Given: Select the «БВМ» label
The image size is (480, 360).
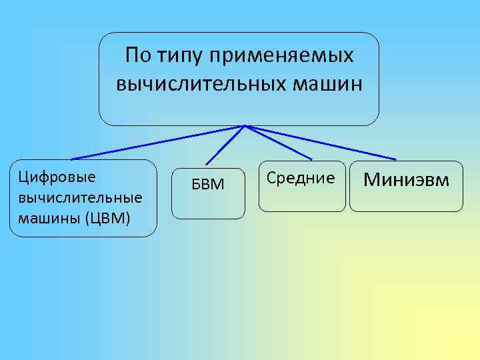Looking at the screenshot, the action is (x=208, y=184).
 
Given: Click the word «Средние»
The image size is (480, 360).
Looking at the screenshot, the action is (x=301, y=178).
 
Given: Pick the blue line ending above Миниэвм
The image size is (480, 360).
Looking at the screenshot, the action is (x=320, y=142).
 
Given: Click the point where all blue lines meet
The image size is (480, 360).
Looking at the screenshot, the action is (x=245, y=125).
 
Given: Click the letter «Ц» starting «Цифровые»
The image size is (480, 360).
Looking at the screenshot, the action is (x=23, y=177).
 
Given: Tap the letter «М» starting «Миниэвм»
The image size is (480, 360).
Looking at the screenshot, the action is (x=371, y=179).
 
